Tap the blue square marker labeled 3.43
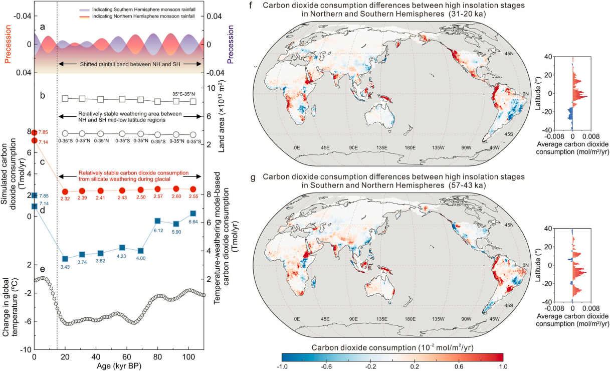click(65, 259)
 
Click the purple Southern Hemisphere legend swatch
click(85, 10)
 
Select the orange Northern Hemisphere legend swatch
click(85, 17)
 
